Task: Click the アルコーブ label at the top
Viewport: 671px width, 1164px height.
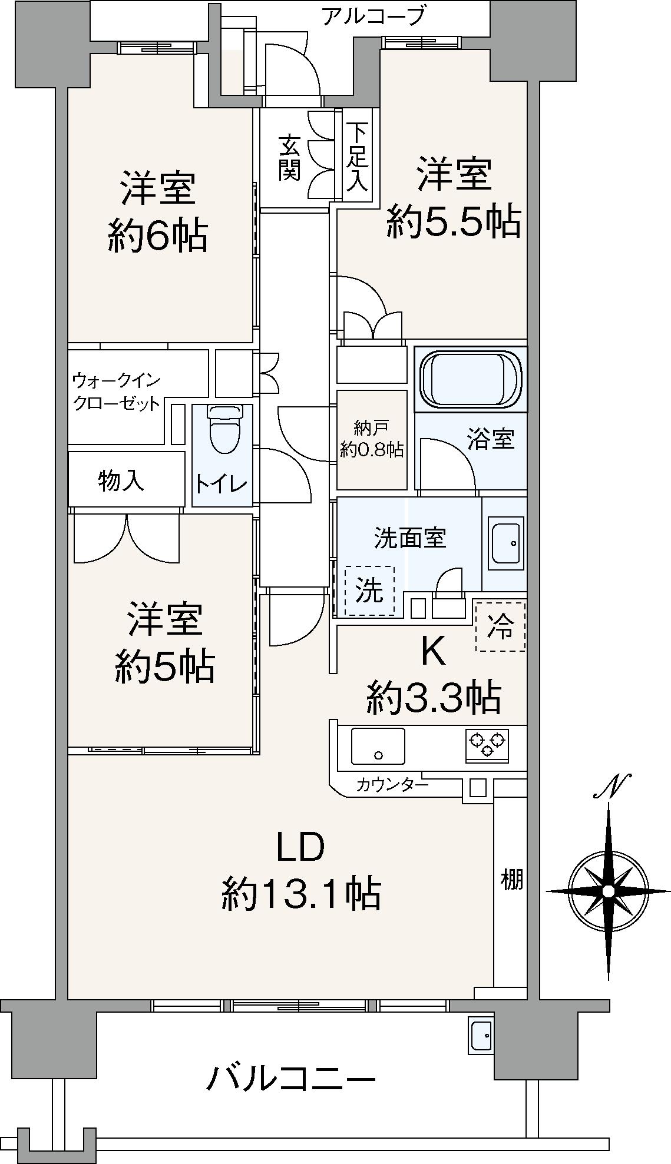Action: tap(372, 16)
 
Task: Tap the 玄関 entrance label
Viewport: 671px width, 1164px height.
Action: tap(289, 157)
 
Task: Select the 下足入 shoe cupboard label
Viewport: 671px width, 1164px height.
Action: tap(356, 156)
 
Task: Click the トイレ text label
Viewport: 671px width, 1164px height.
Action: tap(222, 484)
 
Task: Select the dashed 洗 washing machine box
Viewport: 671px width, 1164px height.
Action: tap(369, 591)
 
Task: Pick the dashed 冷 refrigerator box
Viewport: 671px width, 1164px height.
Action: tap(500, 626)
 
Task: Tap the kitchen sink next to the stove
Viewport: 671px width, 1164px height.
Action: tap(378, 746)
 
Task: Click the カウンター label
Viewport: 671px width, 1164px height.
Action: tap(392, 784)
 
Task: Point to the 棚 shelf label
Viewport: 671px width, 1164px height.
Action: tap(511, 880)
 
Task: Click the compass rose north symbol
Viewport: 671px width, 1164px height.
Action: tap(609, 891)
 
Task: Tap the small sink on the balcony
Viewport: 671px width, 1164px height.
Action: tap(481, 1033)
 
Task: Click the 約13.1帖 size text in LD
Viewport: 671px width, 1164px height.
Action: tap(300, 894)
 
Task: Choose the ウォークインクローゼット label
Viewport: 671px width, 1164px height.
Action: tap(116, 392)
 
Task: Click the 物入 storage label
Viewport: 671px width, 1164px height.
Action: tap(121, 480)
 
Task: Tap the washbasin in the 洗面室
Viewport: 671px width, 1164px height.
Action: tap(505, 543)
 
